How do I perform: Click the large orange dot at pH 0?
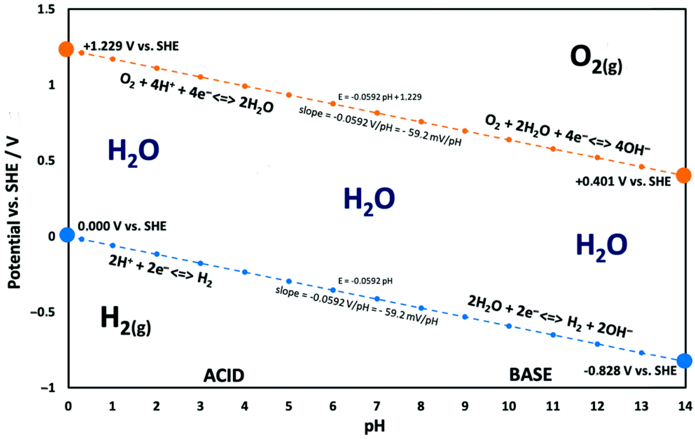[x=66, y=49]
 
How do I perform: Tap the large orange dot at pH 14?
[x=684, y=175]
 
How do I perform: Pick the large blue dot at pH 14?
[x=684, y=361]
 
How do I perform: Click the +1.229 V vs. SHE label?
[x=131, y=46]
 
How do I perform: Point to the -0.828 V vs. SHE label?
[x=630, y=371]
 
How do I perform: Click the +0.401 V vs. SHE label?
[x=623, y=182]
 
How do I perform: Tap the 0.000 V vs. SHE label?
[x=122, y=226]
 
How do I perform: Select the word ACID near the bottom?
[x=224, y=376]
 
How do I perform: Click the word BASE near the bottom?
[x=530, y=375]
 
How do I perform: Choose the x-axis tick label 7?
[x=377, y=406]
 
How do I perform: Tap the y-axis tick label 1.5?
[x=46, y=10]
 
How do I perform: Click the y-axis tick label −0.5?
[x=43, y=312]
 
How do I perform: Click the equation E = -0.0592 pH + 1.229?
[x=379, y=97]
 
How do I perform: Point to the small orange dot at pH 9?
[x=465, y=131]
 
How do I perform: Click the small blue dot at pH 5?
[x=289, y=281]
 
